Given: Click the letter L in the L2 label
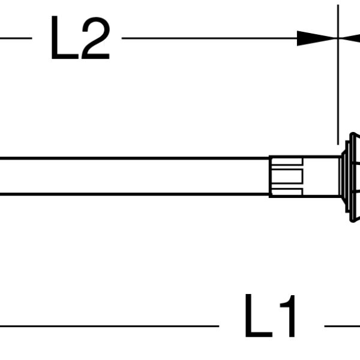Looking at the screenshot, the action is tap(64, 37).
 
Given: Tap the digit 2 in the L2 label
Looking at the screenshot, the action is tap(96, 38).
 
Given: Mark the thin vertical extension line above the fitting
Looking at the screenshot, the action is tap(338, 74).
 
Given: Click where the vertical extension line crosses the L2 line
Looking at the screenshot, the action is tap(338, 38).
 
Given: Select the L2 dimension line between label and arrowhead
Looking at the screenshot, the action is tap(209, 38).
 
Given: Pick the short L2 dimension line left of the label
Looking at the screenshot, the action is tap(16, 38).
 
